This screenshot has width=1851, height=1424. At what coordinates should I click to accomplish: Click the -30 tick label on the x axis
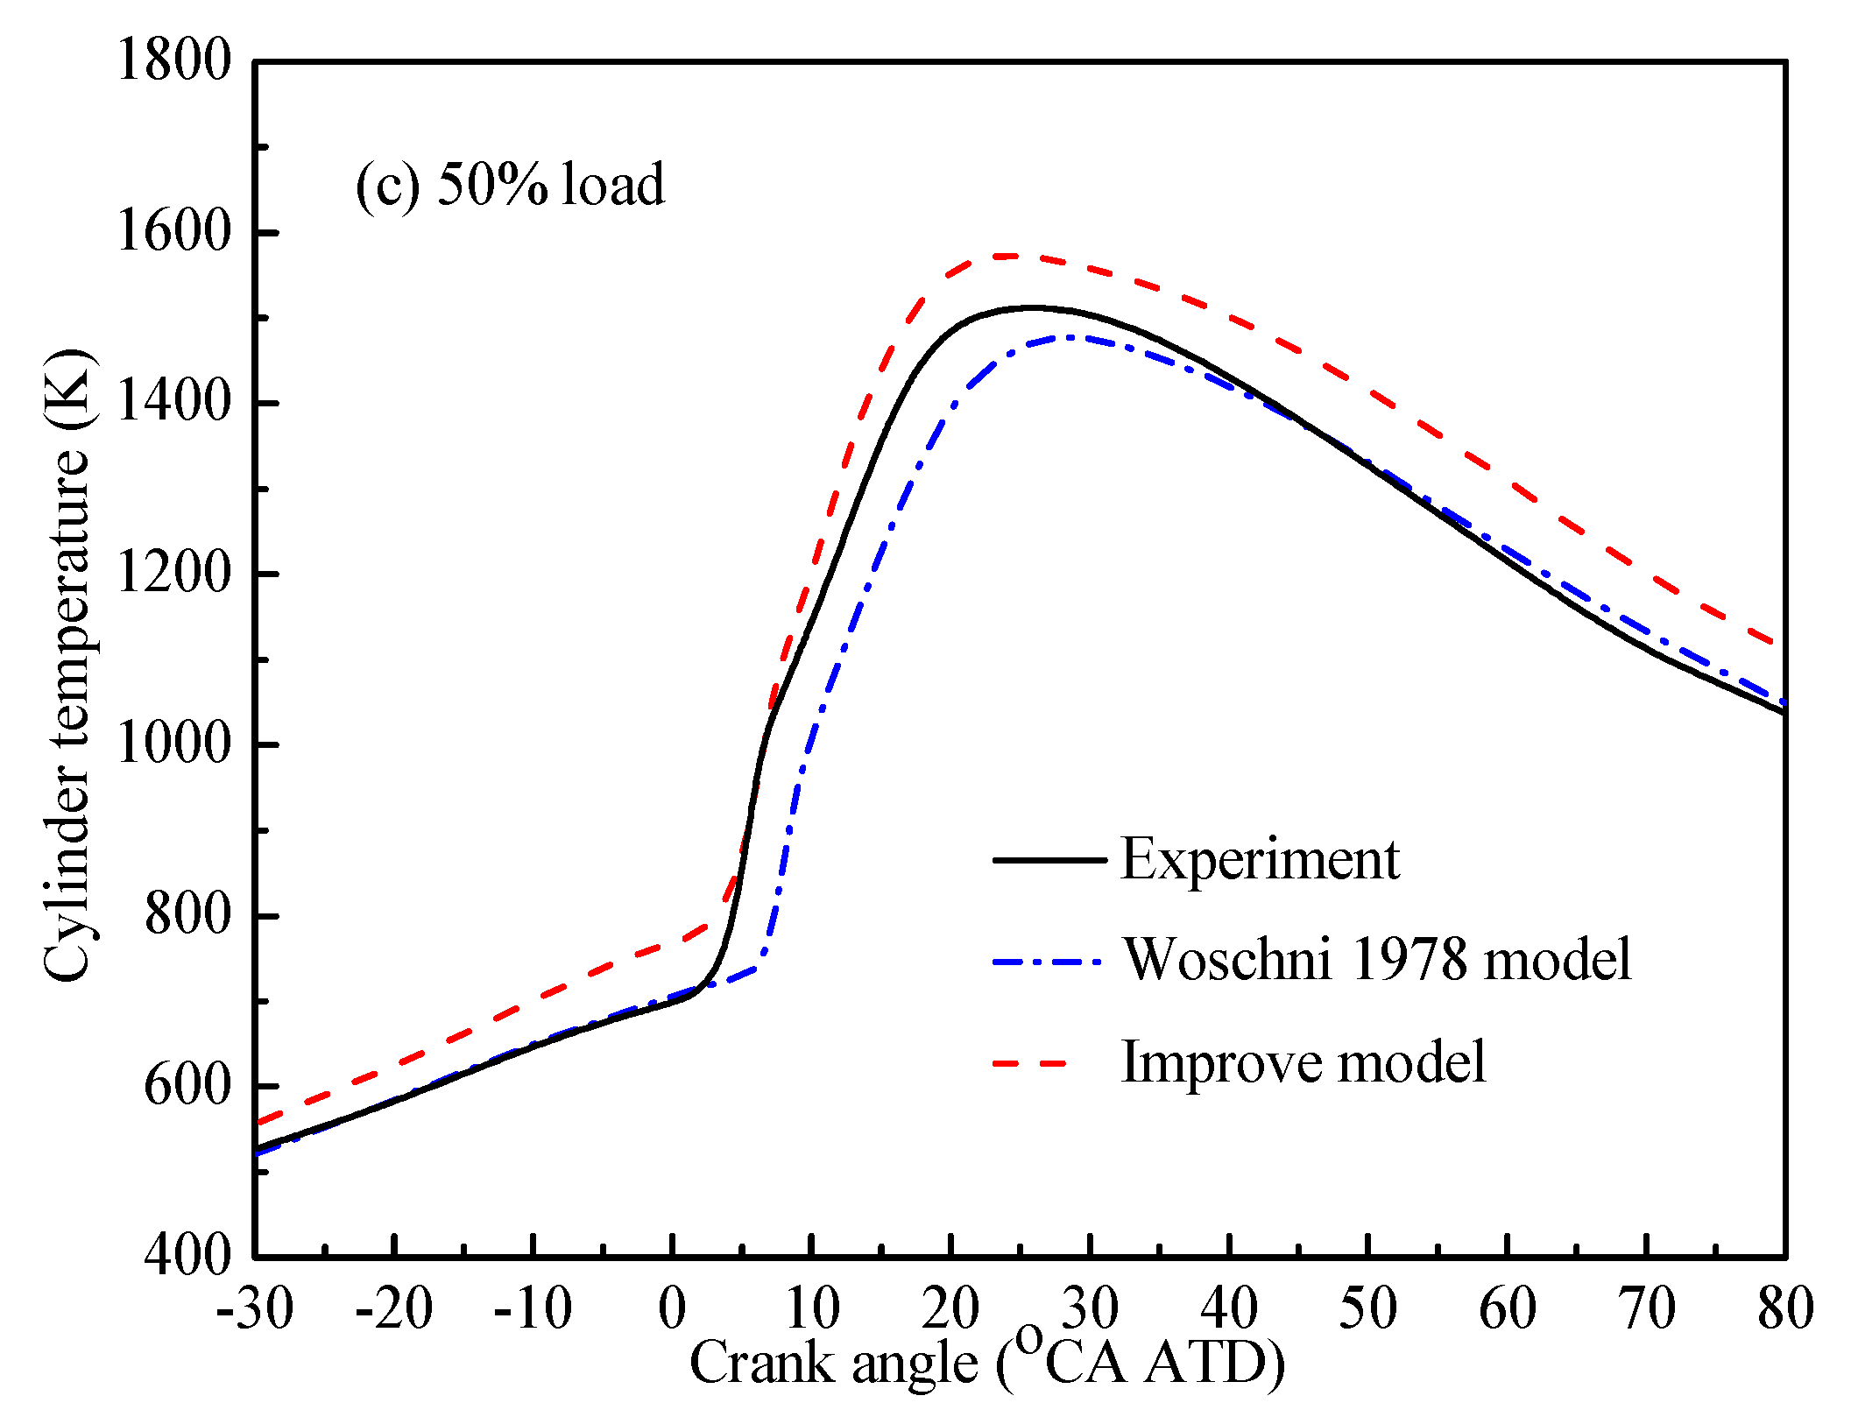click(x=254, y=1310)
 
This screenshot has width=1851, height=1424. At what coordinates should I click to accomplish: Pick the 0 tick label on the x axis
click(x=672, y=1310)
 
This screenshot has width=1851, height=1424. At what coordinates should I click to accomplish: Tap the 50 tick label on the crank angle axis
click(x=1367, y=1310)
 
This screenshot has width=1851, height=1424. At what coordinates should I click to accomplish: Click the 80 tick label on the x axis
click(x=1785, y=1310)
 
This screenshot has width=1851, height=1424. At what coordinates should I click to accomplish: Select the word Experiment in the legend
click(x=1260, y=860)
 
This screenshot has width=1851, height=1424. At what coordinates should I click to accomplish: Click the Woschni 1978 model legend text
click(x=1377, y=960)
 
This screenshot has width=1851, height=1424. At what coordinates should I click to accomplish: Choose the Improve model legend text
click(x=1303, y=1062)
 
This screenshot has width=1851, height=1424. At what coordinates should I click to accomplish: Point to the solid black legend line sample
click(x=1049, y=860)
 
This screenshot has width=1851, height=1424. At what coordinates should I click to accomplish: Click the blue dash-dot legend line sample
click(x=1049, y=962)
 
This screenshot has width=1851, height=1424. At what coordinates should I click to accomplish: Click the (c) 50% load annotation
click(x=510, y=186)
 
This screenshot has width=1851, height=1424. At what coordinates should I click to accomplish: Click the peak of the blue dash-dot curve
click(x=1073, y=336)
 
